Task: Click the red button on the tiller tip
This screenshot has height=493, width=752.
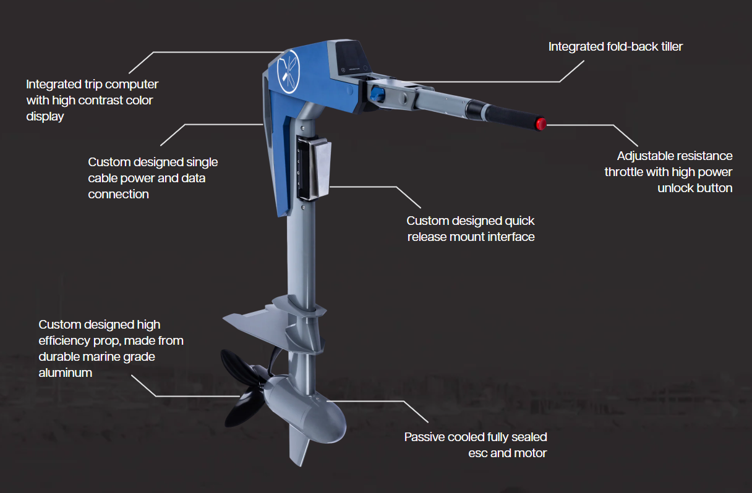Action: [x=541, y=124]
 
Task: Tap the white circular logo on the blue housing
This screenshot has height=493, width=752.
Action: [x=288, y=72]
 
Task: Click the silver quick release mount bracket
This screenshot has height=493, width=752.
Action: [x=315, y=167]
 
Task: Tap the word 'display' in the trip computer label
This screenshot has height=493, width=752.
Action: [x=45, y=117]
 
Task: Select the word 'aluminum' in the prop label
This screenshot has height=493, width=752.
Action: [x=66, y=373]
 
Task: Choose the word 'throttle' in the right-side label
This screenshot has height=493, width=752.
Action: [x=624, y=172]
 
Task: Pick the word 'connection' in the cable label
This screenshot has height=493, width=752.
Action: [x=118, y=194]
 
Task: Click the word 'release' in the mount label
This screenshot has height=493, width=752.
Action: [x=427, y=237]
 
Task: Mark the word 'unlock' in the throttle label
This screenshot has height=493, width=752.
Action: [x=675, y=188]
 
